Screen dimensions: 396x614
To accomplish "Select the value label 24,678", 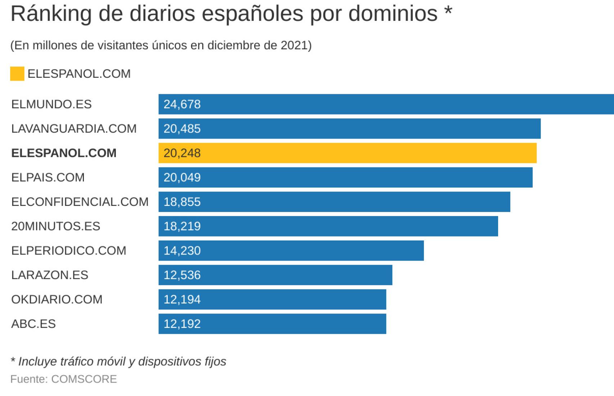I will (182, 104).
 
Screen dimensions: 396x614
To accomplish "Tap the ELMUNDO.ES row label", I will (51, 104).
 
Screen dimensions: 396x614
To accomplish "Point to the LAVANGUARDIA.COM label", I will (74, 129).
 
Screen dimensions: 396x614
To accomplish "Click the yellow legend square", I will (17, 74).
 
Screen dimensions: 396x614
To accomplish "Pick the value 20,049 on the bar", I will (182, 177).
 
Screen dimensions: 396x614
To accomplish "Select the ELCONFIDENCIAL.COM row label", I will (80, 202).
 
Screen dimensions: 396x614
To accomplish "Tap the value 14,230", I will (182, 251).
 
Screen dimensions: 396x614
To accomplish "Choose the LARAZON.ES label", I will (50, 275).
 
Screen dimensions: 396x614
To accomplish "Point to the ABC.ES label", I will (33, 324).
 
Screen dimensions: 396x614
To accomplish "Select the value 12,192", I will (182, 324).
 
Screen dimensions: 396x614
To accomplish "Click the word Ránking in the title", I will (51, 14).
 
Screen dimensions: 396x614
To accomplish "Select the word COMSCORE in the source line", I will (84, 379).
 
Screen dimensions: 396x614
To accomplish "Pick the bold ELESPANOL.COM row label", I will (64, 153).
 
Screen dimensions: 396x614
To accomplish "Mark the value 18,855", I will (182, 202).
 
